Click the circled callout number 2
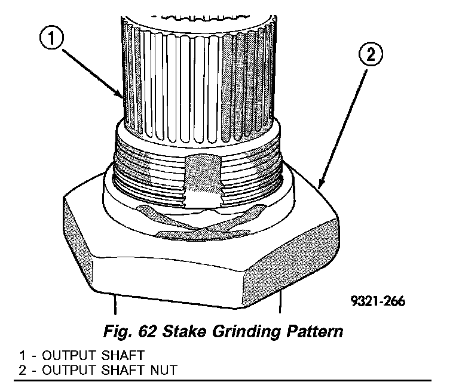coord(369,56)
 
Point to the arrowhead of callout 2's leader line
coord(321,184)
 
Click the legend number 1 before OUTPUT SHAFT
coord(22,353)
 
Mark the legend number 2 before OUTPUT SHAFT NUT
coord(22,368)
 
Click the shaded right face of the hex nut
coord(305,257)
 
